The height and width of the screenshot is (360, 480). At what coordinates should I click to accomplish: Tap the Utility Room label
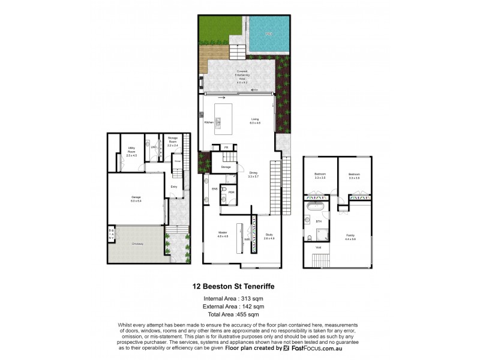(x=131, y=154)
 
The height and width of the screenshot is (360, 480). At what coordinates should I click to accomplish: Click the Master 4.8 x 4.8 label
(x=222, y=235)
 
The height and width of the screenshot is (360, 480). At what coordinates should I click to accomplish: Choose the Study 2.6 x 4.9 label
(x=269, y=237)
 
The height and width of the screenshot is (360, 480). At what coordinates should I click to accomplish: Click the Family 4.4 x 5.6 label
(x=350, y=237)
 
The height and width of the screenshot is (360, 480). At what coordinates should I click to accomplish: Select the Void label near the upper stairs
(x=319, y=247)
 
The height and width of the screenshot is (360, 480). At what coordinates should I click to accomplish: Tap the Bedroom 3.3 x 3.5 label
(x=319, y=176)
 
